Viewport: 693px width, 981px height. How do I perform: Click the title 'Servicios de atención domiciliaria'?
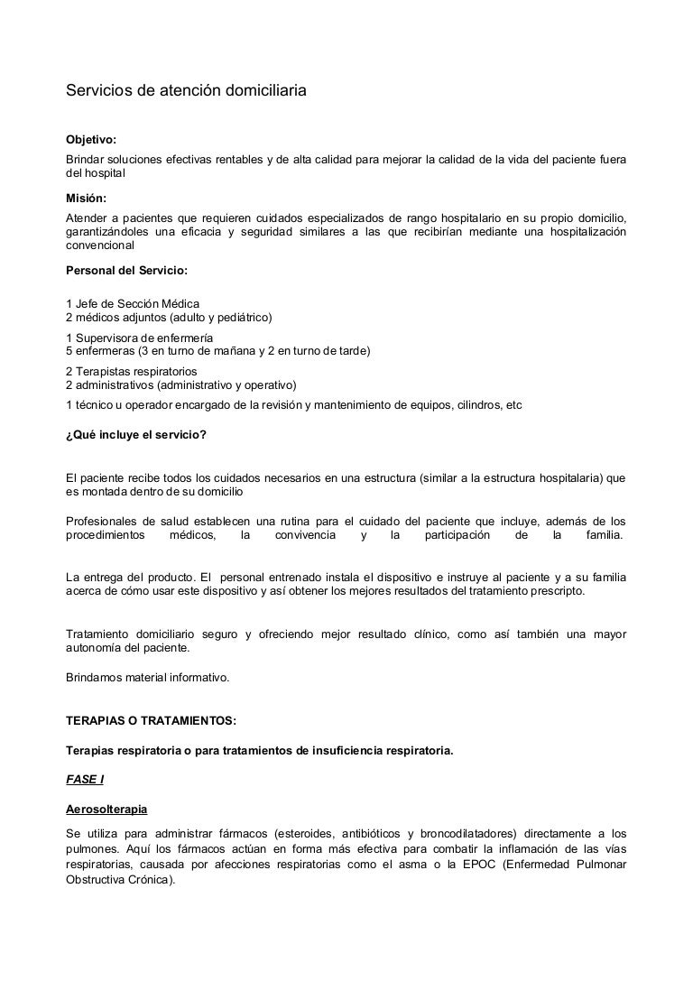point(187,91)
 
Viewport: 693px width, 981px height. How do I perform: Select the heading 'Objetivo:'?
point(92,140)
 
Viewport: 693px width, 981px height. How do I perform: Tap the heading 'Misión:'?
point(87,199)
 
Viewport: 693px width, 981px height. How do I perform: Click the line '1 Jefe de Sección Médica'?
point(134,303)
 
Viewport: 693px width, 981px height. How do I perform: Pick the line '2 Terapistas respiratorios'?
point(132,371)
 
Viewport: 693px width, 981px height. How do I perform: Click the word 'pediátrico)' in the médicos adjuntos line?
point(243,318)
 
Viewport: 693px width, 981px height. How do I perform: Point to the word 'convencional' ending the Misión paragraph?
point(100,245)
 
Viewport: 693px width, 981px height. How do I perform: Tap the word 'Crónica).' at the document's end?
point(146,880)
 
